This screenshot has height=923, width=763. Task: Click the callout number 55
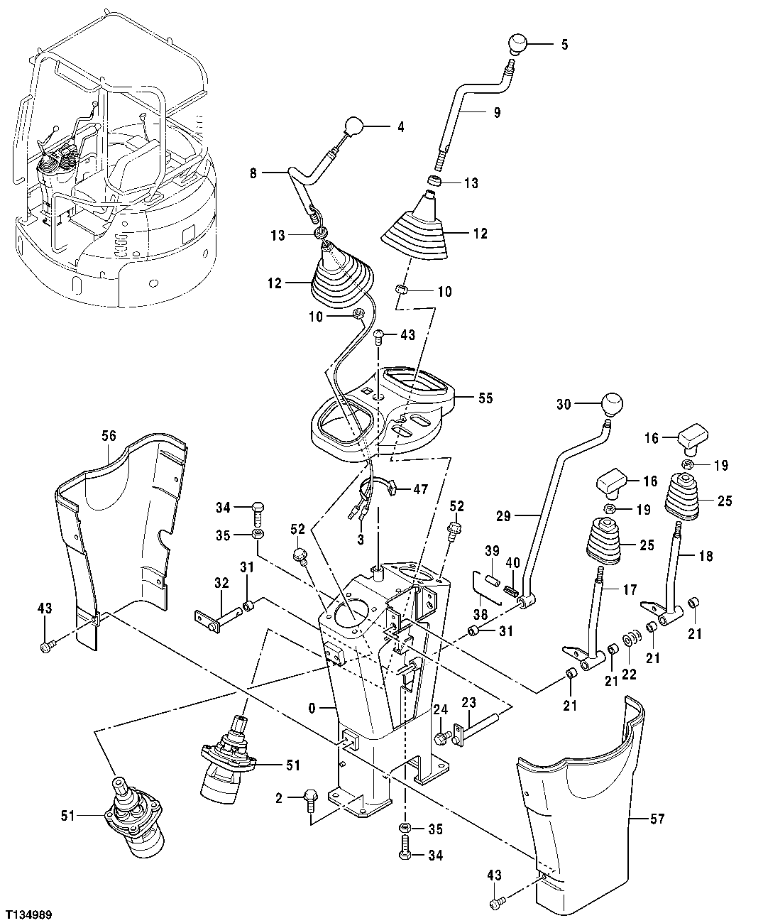(x=485, y=399)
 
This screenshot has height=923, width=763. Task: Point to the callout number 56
(x=109, y=437)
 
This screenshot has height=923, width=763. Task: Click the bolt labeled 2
(x=310, y=799)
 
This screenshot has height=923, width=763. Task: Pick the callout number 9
(x=496, y=111)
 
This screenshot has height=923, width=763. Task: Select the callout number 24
(x=440, y=710)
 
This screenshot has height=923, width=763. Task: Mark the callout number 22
(x=629, y=675)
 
